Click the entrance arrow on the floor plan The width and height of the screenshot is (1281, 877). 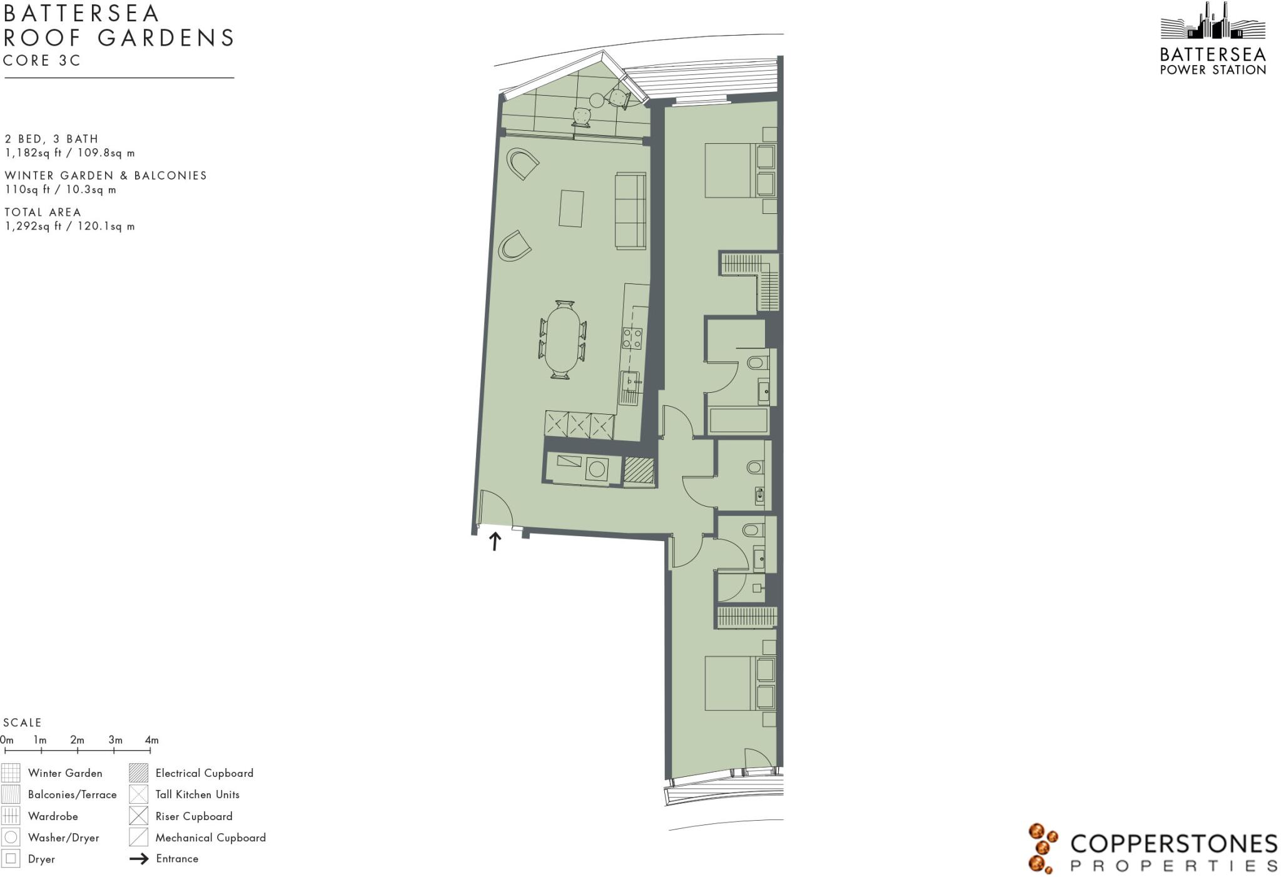click(495, 541)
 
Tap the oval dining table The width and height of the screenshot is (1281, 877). click(562, 340)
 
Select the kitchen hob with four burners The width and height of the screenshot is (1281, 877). click(632, 338)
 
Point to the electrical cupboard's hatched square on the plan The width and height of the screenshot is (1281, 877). click(639, 470)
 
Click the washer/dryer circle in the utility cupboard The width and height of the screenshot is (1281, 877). click(597, 469)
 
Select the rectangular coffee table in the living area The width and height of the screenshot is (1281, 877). click(571, 209)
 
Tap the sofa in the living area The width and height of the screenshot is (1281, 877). click(630, 211)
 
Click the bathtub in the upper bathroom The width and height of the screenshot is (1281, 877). click(739, 420)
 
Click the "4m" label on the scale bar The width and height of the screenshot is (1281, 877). click(151, 740)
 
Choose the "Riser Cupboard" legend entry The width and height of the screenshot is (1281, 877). click(194, 816)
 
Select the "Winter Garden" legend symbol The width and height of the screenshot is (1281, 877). click(11, 773)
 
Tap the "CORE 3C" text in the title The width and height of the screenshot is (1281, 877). click(43, 61)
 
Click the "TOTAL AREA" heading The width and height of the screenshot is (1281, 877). click(43, 212)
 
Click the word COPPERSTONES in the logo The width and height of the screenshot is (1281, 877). click(1173, 844)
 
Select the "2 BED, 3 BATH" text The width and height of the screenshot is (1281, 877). click(51, 139)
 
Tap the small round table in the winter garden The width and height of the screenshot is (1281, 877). click(597, 100)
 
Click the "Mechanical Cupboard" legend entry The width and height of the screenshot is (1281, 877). click(210, 838)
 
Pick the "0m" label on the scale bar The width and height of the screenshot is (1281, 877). click(7, 740)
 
